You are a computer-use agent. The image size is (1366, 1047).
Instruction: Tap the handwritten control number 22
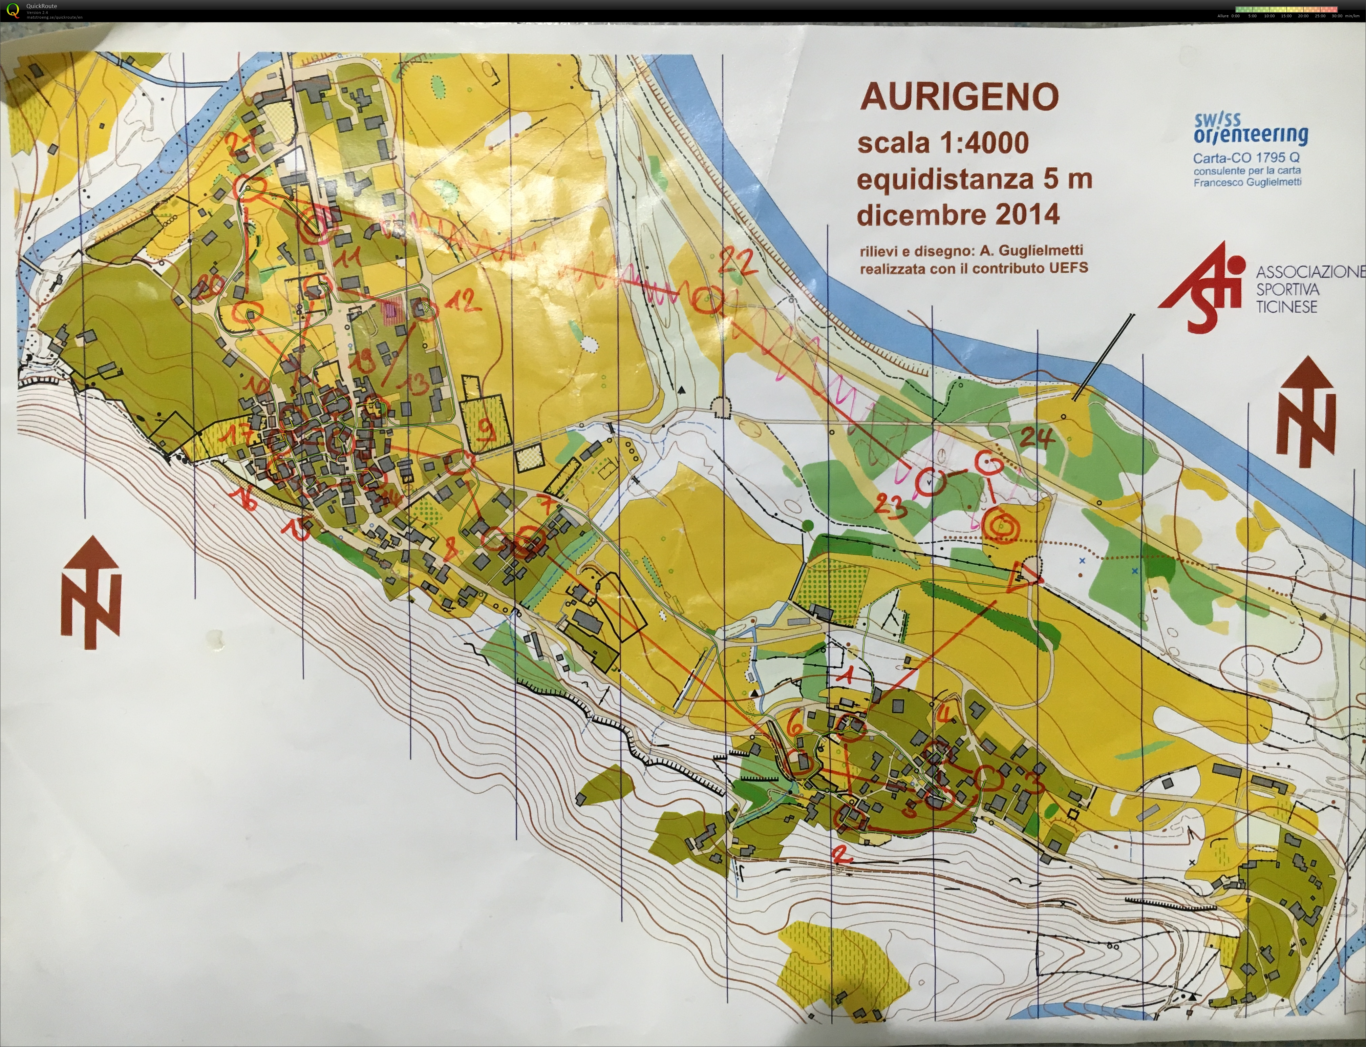click(x=738, y=262)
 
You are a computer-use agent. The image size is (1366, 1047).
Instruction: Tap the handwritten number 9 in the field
click(x=487, y=430)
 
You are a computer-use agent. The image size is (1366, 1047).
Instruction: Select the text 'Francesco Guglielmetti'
click(x=1247, y=182)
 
